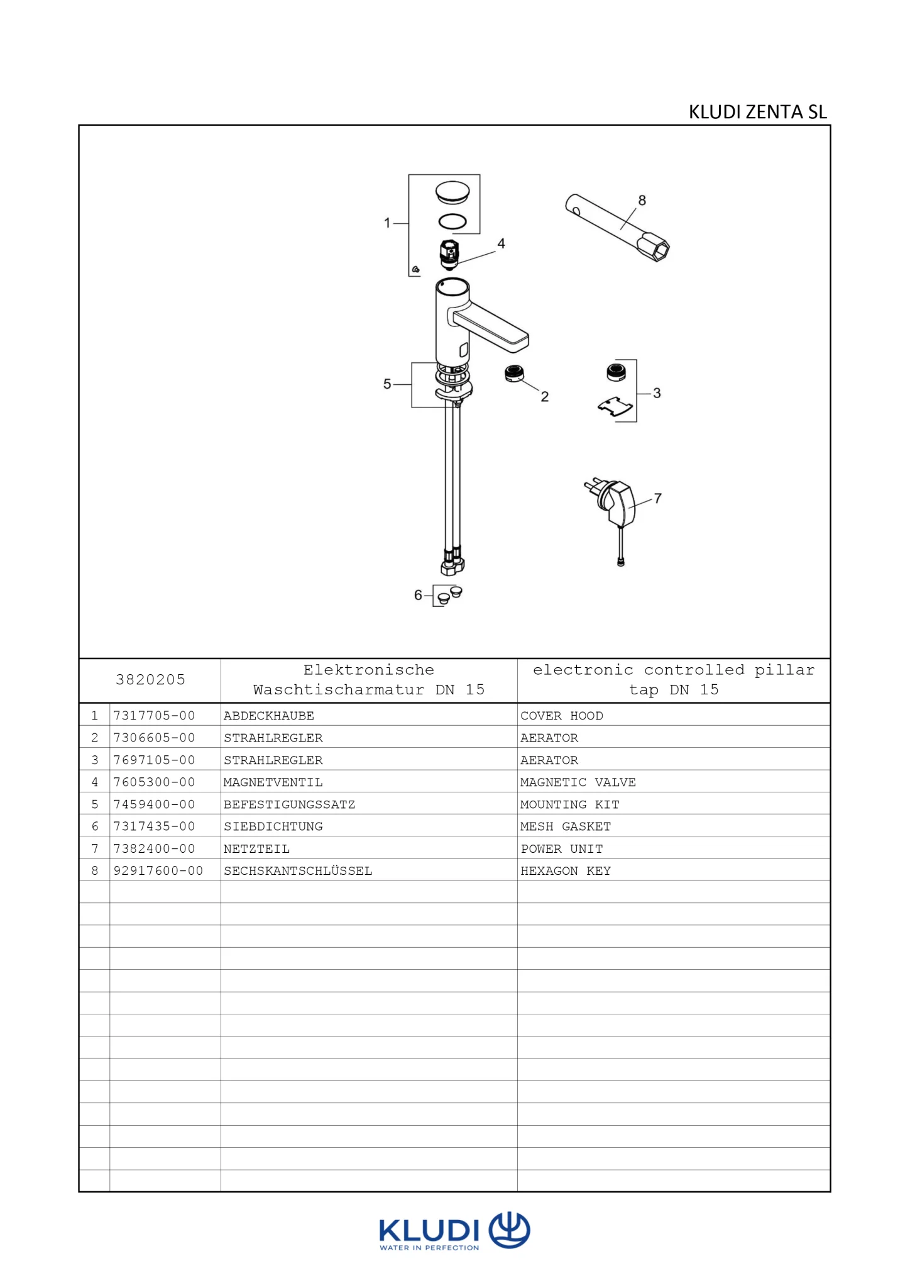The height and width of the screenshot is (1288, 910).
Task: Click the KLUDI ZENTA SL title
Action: [757, 112]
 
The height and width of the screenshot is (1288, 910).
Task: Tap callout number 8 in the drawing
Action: [642, 200]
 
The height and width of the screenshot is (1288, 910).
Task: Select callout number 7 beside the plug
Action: [658, 498]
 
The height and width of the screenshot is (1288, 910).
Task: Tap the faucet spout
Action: [491, 325]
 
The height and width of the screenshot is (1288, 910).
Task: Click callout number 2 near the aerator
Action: [545, 397]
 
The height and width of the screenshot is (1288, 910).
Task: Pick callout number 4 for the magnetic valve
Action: [501, 243]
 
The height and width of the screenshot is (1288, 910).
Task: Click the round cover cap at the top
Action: [452, 192]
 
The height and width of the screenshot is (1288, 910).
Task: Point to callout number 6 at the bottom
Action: [418, 595]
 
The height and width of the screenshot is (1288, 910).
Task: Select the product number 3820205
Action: [150, 680]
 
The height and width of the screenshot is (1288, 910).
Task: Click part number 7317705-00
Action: [154, 716]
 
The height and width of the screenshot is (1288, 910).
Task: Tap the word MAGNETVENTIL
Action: [273, 782]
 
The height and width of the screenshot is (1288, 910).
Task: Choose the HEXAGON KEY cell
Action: [566, 871]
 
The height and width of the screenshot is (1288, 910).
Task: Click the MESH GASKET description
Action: [566, 826]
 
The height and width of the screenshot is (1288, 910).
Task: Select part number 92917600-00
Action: [158, 871]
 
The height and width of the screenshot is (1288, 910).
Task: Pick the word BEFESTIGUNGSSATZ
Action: [289, 804]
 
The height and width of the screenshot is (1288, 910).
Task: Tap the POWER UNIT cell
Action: [562, 849]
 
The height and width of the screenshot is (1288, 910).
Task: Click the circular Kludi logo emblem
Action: [510, 1230]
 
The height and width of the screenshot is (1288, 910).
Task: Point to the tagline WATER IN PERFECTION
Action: [429, 1248]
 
